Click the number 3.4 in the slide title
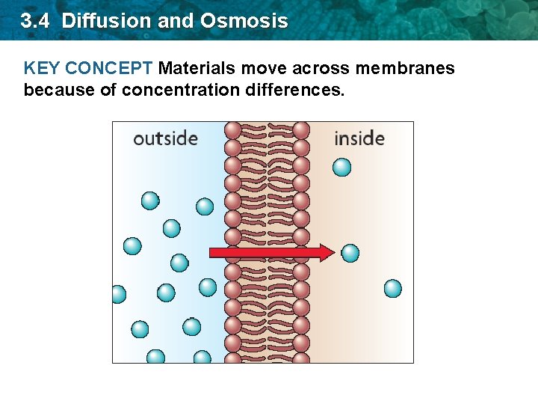[x=36, y=21]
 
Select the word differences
[x=296, y=91]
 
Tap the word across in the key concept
[x=321, y=69]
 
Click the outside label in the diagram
[x=165, y=138]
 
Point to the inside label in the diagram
[x=359, y=138]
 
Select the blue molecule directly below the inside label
[x=341, y=167]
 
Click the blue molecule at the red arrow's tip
[x=350, y=253]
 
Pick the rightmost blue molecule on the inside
[x=392, y=288]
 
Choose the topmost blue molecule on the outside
[x=150, y=201]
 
